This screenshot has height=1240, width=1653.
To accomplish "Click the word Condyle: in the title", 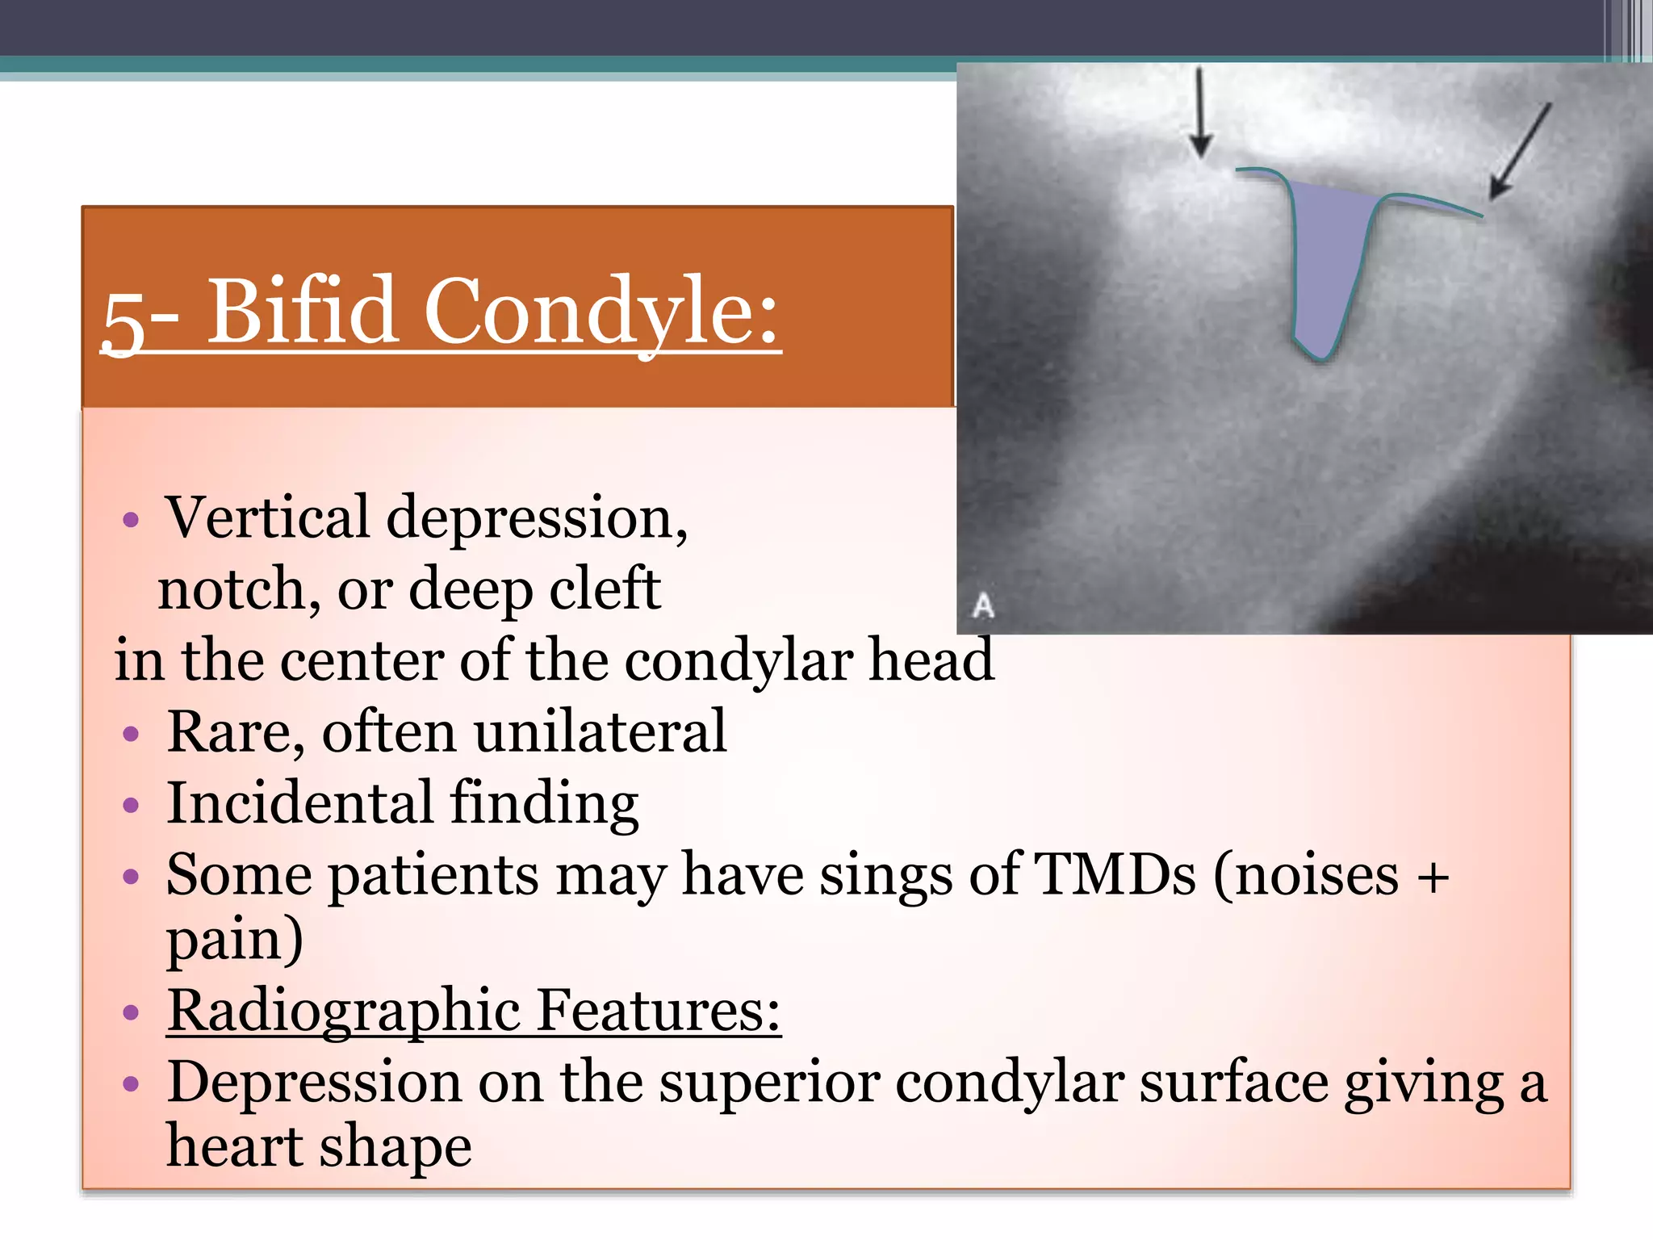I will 601,313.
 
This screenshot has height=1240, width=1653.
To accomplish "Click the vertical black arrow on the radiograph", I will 1201,113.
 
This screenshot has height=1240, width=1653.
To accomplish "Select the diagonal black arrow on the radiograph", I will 1521,151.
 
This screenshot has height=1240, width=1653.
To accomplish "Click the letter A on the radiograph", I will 983,605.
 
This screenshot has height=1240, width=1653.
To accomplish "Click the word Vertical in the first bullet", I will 267,518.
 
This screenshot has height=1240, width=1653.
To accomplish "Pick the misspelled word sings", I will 887,876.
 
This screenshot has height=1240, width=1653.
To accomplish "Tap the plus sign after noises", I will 1433,877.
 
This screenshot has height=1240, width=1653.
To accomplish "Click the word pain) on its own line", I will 235,941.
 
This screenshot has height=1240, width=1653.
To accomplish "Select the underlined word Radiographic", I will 343,1012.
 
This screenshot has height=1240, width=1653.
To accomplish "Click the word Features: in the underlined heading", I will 658,1010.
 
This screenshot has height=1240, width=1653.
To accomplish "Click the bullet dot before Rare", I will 132,734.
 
